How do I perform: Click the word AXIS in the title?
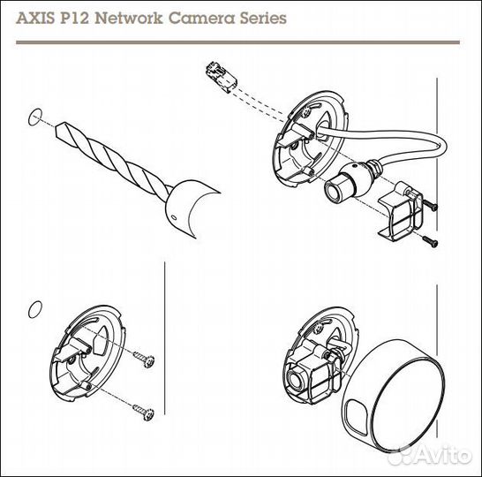click(41, 18)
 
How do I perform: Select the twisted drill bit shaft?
click(110, 159)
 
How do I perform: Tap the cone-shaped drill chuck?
click(190, 202)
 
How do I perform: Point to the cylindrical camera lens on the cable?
click(340, 186)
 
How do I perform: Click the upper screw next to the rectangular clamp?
click(430, 204)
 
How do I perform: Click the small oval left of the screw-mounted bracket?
click(35, 309)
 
